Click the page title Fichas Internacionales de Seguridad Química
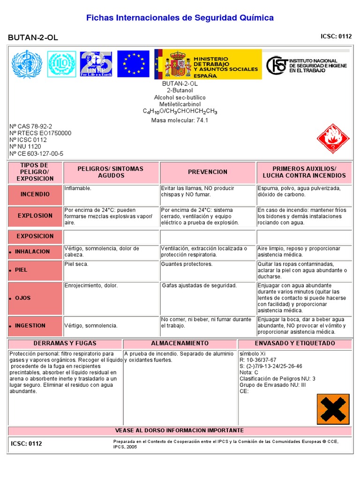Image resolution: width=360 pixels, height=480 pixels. pyautogui.click(x=180, y=18)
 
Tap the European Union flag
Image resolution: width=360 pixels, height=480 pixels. pyautogui.click(x=133, y=64)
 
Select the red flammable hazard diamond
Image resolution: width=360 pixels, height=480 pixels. pyautogui.click(x=333, y=139)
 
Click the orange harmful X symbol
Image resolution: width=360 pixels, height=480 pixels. pyautogui.click(x=333, y=408)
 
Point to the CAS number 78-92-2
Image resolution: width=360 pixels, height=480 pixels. pyautogui.click(x=31, y=127)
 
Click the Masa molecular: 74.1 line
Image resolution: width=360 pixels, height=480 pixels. pyautogui.click(x=180, y=120)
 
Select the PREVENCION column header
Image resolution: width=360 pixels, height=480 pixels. pyautogui.click(x=208, y=172)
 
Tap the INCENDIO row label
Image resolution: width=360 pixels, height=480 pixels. pyautogui.click(x=35, y=194)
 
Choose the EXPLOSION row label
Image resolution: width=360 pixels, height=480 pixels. pyautogui.click(x=35, y=216)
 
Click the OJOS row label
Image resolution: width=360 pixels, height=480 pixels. pyautogui.click(x=23, y=298)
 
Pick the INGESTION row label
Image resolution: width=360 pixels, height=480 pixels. pyautogui.click(x=30, y=326)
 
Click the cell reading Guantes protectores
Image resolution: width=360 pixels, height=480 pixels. pyautogui.click(x=187, y=264)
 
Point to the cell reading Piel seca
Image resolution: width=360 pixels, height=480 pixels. pyautogui.click(x=76, y=264)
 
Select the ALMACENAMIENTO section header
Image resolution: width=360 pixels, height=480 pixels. pyautogui.click(x=180, y=344)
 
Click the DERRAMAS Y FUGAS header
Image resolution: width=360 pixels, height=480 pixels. pyautogui.click(x=65, y=344)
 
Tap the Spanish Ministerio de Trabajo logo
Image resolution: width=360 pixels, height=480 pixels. pyautogui.click(x=208, y=64)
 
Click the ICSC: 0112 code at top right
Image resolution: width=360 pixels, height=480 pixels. pyautogui.click(x=336, y=36)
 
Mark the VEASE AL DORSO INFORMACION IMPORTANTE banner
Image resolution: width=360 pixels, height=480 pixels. pyautogui.click(x=180, y=430)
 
